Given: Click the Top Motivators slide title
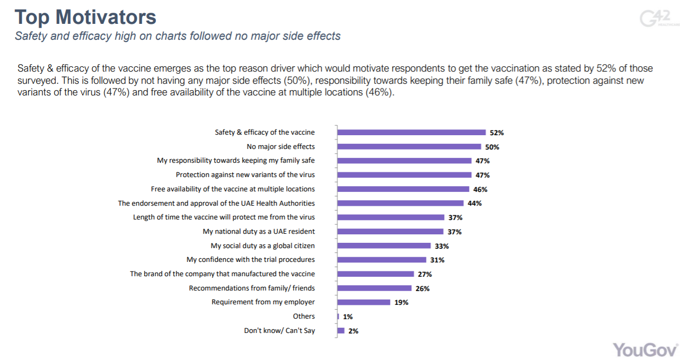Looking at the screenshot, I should pos(85,17).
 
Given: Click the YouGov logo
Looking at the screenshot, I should pos(646,349).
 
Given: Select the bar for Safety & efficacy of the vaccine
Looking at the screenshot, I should pos(411,133).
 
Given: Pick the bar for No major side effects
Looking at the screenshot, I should pos(409,147).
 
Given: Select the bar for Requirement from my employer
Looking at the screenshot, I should pos(364,302).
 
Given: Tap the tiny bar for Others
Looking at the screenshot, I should pos(338,317).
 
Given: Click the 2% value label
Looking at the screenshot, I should pos(354,331).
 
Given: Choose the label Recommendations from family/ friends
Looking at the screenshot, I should pos(252,288).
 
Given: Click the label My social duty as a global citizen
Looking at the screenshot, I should pos(262,245).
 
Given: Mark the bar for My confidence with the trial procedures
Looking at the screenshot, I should pos(382,260).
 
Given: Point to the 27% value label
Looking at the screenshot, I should pos(425,274).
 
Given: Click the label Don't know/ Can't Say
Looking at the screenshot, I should pos(279,330).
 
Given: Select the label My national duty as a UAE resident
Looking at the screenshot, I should pos(259,231).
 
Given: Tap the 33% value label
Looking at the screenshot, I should pos(442,246).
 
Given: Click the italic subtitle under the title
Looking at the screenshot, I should pos(178,36).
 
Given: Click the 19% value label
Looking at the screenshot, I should pos(401,302).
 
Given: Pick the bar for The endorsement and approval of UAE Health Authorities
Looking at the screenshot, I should pos(401,203).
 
